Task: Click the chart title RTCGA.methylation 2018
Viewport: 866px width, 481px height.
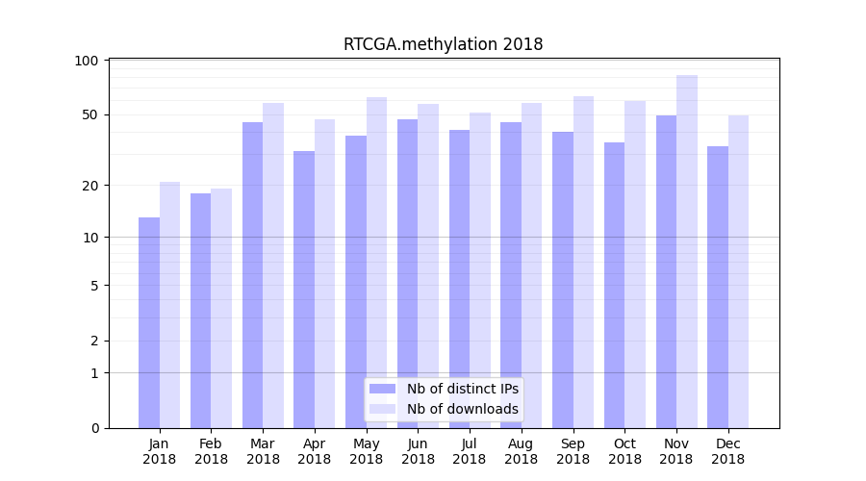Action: [x=443, y=44]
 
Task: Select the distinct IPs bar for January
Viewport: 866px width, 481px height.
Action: [x=149, y=322]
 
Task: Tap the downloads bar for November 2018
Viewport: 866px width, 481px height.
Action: [x=686, y=251]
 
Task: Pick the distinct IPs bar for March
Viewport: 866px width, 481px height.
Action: [x=252, y=275]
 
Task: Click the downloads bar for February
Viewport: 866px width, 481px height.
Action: [x=221, y=308]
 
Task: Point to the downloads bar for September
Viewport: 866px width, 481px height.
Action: [x=583, y=262]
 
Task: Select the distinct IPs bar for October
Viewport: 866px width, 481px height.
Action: [x=614, y=285]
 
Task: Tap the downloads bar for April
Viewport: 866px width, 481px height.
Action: [x=324, y=273]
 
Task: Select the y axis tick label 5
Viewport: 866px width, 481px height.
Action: [x=93, y=286]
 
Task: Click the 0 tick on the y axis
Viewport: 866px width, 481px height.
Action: [x=93, y=428]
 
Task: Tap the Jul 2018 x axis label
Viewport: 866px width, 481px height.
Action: [x=470, y=451]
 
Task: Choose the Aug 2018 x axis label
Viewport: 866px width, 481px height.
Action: [x=522, y=451]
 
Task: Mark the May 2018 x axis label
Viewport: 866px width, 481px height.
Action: [x=367, y=451]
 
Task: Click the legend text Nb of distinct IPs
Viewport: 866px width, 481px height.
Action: [x=462, y=389]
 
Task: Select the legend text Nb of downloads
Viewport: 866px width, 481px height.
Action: [x=462, y=409]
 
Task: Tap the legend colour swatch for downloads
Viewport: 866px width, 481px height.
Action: [x=382, y=409]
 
